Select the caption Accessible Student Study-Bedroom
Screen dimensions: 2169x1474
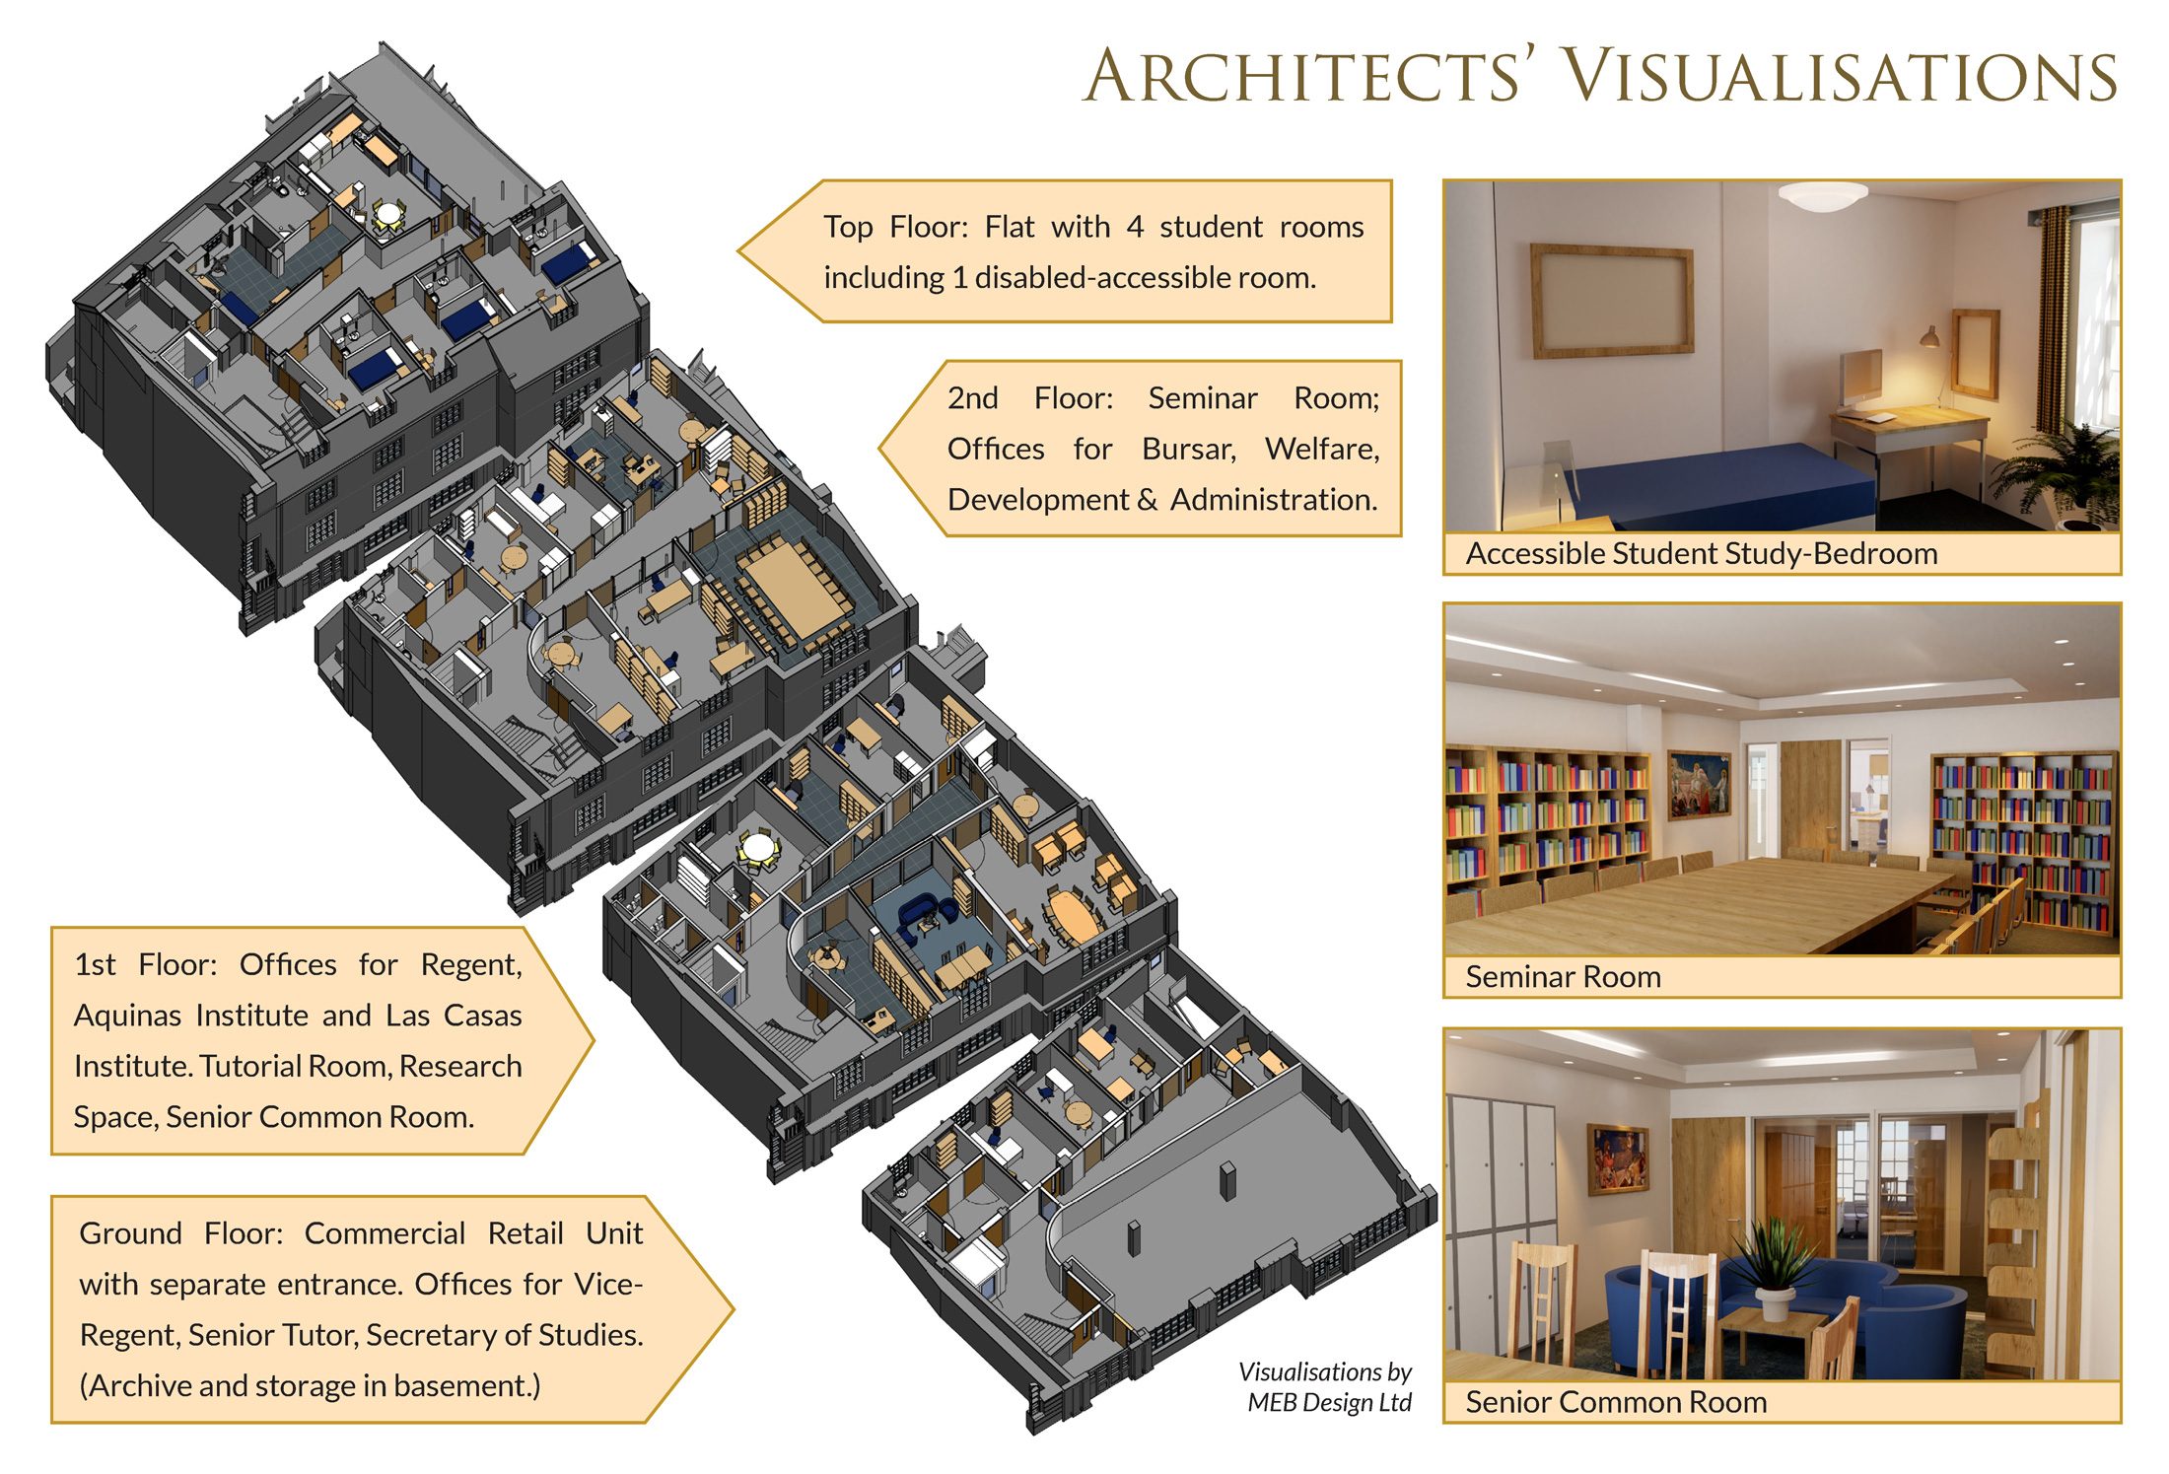1702,553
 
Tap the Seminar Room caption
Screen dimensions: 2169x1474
1563,977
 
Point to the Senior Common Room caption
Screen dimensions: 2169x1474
1616,1402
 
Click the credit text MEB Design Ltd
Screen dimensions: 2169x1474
1329,1402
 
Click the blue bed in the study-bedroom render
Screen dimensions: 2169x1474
1715,483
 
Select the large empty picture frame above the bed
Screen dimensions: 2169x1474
1611,300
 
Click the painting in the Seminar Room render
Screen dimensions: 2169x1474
1699,784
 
